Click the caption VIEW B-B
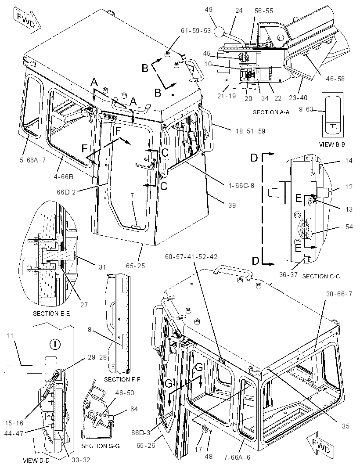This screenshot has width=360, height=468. [x=332, y=144]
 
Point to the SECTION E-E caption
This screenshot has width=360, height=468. [x=51, y=313]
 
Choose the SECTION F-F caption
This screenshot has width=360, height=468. [x=122, y=379]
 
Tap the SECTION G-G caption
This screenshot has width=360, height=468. [x=100, y=446]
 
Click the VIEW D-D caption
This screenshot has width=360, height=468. [x=36, y=461]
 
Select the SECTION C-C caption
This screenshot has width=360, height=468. [x=321, y=277]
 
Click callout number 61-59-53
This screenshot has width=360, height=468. [x=195, y=30]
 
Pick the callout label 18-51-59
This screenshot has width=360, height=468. [x=250, y=131]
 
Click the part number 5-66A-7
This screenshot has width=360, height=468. [x=32, y=160]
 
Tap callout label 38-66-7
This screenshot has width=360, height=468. [x=339, y=294]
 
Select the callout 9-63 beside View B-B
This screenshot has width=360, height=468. [x=306, y=109]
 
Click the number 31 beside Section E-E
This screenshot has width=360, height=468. [x=102, y=267]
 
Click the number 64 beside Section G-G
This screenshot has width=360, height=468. [x=134, y=409]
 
